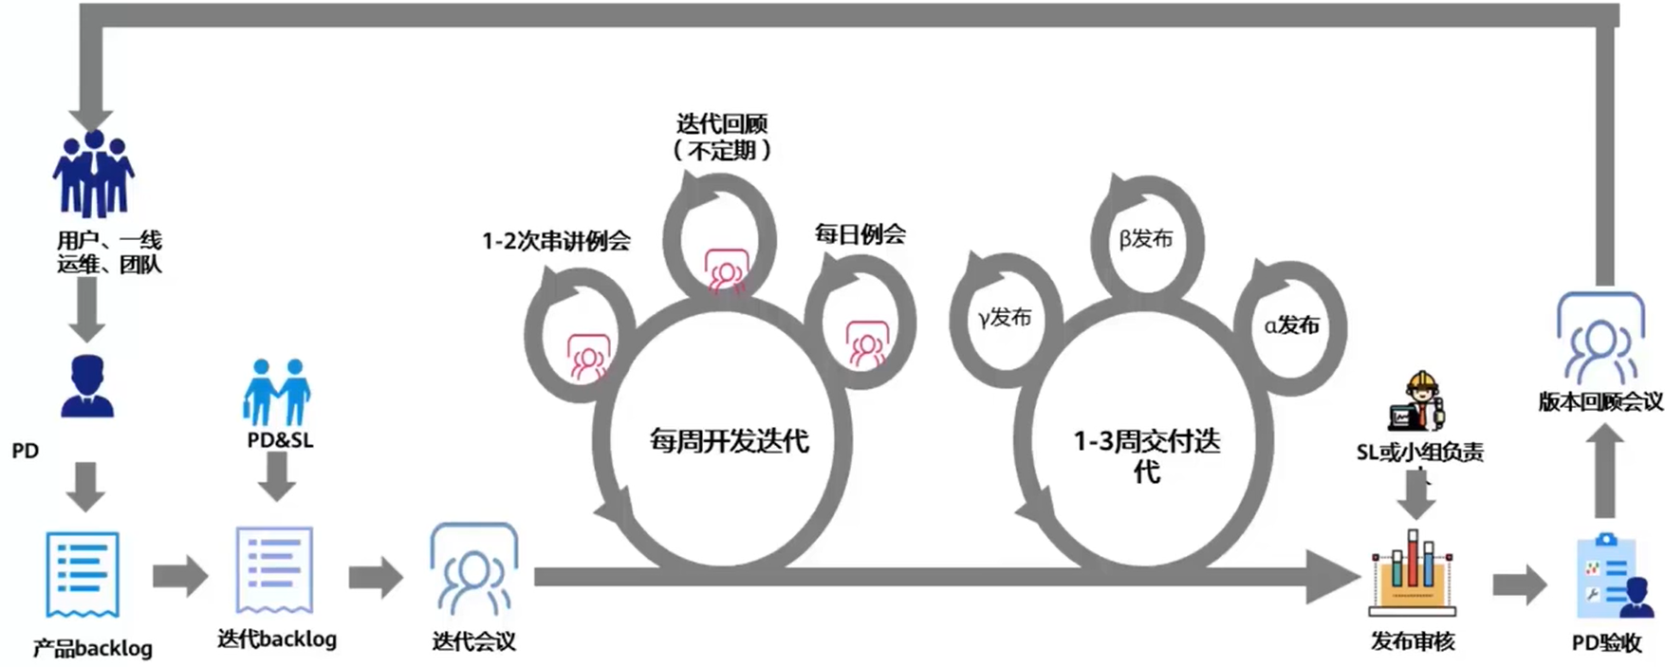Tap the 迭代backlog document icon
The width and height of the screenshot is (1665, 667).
click(x=274, y=569)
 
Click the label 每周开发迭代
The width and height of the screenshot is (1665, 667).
click(x=729, y=441)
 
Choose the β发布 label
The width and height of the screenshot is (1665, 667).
click(x=1146, y=238)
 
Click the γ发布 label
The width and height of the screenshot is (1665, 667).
click(x=1005, y=317)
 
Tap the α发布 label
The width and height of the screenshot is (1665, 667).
click(x=1291, y=325)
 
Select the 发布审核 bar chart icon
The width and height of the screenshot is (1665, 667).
click(x=1413, y=573)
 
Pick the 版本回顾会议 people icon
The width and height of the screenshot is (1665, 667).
click(x=1600, y=338)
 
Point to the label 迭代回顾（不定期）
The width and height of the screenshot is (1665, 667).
click(x=722, y=137)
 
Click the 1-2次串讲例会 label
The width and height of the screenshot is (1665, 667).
click(x=556, y=241)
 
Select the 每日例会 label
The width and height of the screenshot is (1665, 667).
click(x=860, y=234)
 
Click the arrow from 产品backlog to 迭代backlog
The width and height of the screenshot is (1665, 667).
click(x=179, y=575)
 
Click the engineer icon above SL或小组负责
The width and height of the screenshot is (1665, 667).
click(x=1418, y=402)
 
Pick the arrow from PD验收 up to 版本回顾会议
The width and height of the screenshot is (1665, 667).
click(x=1604, y=471)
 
